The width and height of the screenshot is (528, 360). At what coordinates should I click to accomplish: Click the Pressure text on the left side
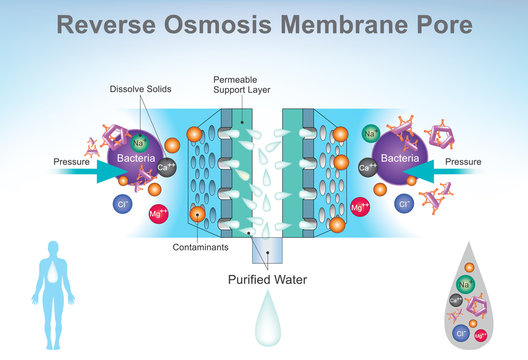click(x=73, y=160)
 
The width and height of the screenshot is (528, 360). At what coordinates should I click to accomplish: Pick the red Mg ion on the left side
click(x=156, y=214)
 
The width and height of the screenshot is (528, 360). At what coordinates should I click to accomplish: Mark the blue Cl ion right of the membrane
click(x=405, y=204)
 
